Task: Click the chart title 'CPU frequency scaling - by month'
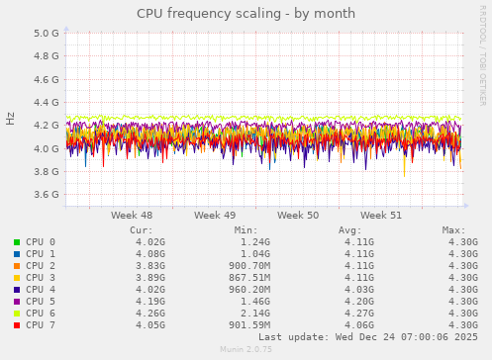coord(246,14)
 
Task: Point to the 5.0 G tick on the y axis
coord(47,33)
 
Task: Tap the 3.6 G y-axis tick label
coord(47,195)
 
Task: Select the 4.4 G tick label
coord(47,102)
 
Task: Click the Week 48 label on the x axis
coord(132,215)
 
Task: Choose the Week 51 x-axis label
coord(381,215)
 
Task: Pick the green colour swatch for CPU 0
coord(17,242)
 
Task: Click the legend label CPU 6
coord(41,314)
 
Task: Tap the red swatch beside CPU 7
coord(17,325)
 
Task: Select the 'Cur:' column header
coord(141,229)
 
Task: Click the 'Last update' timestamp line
coord(366,337)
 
